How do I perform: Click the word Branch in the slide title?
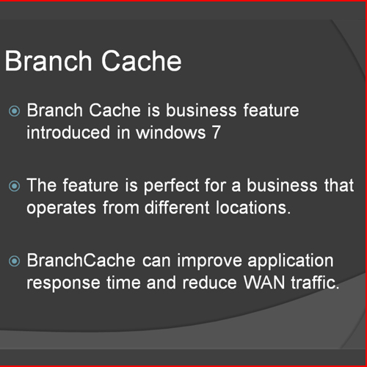(x=48, y=60)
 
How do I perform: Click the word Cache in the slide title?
(x=142, y=60)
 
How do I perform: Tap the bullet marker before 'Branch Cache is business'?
(x=14, y=112)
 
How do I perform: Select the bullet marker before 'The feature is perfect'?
(x=14, y=186)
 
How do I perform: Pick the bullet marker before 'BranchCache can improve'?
(x=14, y=261)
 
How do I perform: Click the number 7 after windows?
(x=217, y=132)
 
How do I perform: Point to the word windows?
(x=171, y=132)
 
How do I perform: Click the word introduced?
(x=68, y=132)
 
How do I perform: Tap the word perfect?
(x=171, y=186)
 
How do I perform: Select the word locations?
(x=253, y=208)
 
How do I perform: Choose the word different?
(x=177, y=208)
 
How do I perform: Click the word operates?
(x=61, y=208)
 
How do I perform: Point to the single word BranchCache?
(x=81, y=260)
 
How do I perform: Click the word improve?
(x=209, y=261)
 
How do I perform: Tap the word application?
(x=291, y=261)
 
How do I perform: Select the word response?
(x=63, y=284)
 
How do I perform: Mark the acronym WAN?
(x=264, y=283)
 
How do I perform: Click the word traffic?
(x=315, y=283)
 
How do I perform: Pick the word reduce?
(x=210, y=283)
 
